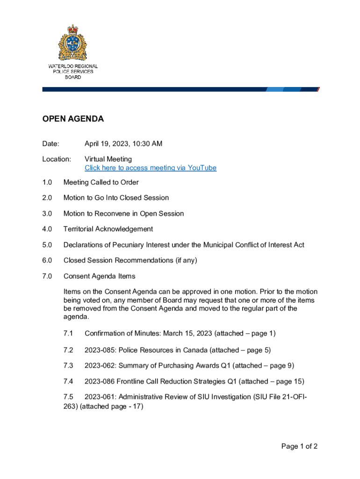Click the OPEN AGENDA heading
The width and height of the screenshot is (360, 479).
(73, 119)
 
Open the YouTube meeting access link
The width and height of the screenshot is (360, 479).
(150, 168)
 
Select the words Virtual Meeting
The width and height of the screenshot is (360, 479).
(108, 159)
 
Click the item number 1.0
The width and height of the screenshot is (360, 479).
(47, 182)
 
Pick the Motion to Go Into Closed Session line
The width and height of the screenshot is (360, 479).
(116, 198)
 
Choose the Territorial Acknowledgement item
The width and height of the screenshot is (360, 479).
(108, 229)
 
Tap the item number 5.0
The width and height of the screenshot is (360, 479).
(47, 245)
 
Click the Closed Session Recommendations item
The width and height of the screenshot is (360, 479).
(130, 261)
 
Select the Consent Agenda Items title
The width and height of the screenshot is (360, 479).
(99, 276)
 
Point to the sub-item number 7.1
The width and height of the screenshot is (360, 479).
(68, 334)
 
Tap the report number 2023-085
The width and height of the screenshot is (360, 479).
(99, 350)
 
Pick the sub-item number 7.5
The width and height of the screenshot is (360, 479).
(68, 397)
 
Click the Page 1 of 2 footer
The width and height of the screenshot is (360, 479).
(299, 447)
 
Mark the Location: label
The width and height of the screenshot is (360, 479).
(57, 159)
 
